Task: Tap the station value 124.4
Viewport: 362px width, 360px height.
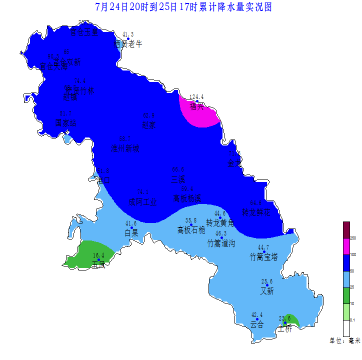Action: pyautogui.click(x=196, y=97)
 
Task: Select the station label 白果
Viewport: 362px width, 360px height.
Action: pyautogui.click(x=131, y=232)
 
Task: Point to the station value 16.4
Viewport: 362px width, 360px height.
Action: pyautogui.click(x=98, y=255)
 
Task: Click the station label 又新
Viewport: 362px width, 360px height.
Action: pyautogui.click(x=267, y=290)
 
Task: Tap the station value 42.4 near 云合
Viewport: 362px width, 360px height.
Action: pyautogui.click(x=257, y=314)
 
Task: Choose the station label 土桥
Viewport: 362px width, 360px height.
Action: pyautogui.click(x=284, y=328)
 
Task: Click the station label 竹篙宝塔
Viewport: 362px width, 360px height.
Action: pyautogui.click(x=264, y=257)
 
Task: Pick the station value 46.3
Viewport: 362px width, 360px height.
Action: pyautogui.click(x=221, y=233)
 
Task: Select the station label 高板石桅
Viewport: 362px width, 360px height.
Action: pyautogui.click(x=191, y=230)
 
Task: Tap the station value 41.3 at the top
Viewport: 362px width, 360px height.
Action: pyautogui.click(x=128, y=34)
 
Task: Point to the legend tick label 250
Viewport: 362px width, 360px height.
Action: pyautogui.click(x=353, y=238)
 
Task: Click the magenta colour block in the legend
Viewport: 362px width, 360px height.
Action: pyautogui.click(x=346, y=246)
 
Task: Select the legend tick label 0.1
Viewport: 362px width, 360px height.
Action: pyautogui.click(x=353, y=319)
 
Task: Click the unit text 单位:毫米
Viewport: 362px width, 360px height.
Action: pyautogui.click(x=344, y=340)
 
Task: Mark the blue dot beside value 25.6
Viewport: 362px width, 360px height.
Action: pyautogui.click(x=267, y=285)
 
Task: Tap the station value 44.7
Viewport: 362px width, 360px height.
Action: pyautogui.click(x=263, y=247)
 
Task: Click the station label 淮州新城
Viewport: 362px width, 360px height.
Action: pyautogui.click(x=125, y=148)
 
